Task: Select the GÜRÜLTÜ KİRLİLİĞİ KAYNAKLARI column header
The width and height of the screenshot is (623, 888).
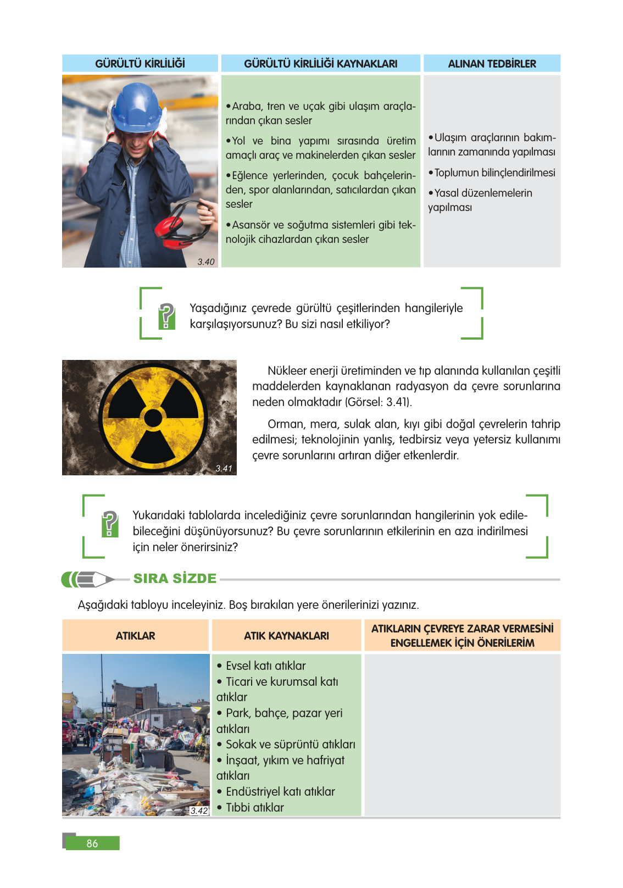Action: pos(320,64)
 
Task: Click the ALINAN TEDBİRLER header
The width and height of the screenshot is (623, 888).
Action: pos(492,64)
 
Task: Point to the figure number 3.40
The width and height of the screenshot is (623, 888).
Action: pos(206,262)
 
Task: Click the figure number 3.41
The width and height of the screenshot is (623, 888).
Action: pos(224,468)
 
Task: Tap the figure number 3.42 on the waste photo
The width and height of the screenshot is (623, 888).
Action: pos(199,811)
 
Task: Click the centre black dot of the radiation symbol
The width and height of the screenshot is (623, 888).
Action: pos(153,418)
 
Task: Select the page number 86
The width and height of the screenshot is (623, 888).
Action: pos(92,843)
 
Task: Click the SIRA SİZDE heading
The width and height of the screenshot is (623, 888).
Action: pos(175,579)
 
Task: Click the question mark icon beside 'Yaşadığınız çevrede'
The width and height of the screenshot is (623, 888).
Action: pos(166,316)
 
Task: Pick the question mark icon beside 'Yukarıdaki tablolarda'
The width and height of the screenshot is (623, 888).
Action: pos(110,524)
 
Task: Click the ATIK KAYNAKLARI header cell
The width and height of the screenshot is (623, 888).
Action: pos(286,636)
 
